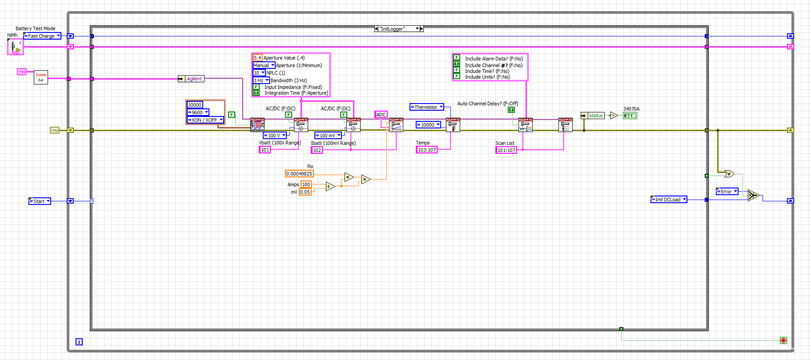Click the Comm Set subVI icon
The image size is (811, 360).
pos(41,77)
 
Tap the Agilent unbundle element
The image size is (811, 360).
pos(194,79)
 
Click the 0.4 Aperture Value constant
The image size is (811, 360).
pos(257,58)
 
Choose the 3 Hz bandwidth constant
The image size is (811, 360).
pos(261,80)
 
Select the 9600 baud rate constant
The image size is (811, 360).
pos(197,112)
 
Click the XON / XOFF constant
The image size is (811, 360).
pos(205,120)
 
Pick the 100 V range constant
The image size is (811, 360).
pos(274,136)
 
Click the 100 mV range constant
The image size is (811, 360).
pos(328,136)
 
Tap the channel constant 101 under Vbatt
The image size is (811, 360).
pos(265,150)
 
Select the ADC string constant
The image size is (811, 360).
pos(381,115)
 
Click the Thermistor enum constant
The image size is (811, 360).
pos(426,107)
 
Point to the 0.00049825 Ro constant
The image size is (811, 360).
pos(299,174)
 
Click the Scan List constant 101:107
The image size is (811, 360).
pos(506,150)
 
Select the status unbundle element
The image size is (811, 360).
pos(595,116)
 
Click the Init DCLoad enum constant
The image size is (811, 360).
pos(668,200)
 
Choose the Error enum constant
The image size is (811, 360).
pos(727,192)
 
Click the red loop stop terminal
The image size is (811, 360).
pos(783,340)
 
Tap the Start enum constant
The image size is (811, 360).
pos(39,201)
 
